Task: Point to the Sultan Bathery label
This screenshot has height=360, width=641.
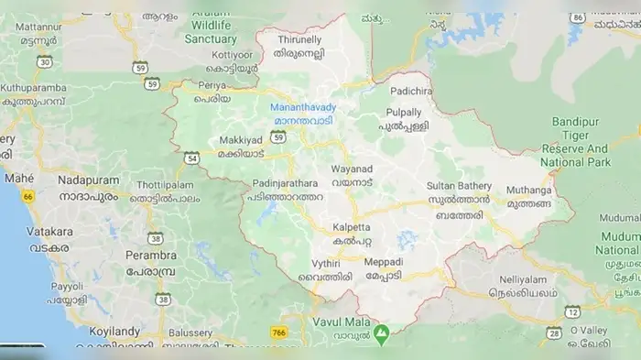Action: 459,185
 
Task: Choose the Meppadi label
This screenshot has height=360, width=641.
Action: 383,262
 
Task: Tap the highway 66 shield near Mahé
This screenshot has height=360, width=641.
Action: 28,196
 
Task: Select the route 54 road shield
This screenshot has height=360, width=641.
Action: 190,158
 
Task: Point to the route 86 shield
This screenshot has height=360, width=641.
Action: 577,18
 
